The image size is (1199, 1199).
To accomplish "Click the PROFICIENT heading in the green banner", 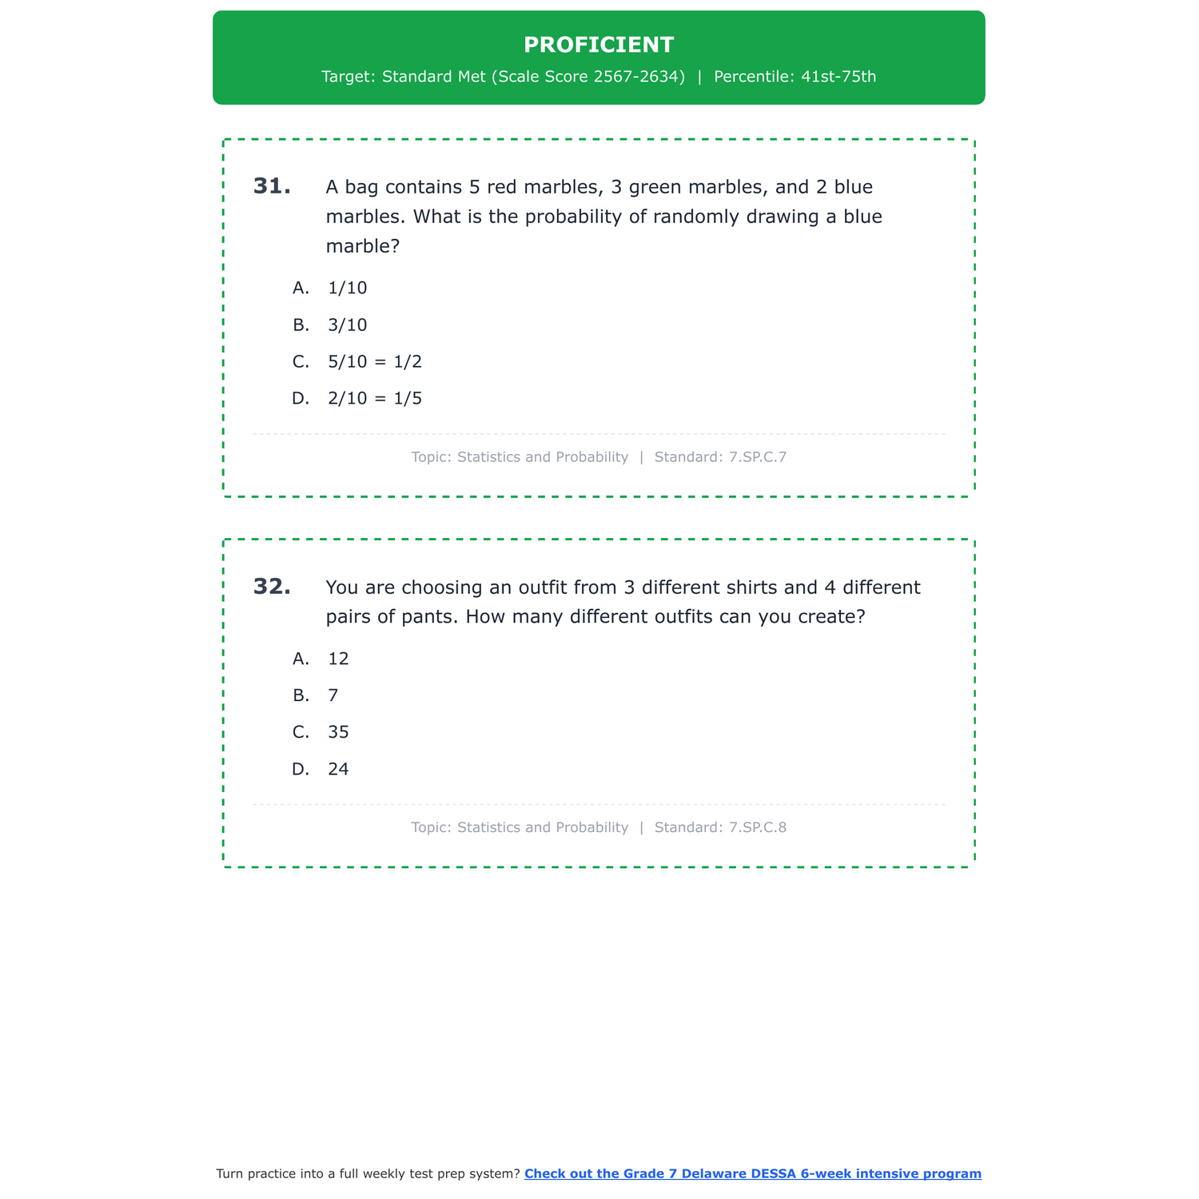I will coord(599,45).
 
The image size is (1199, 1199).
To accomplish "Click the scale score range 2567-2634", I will coord(639,77).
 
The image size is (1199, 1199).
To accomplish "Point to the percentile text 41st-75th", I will coord(839,77).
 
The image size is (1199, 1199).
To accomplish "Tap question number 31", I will coord(272,186).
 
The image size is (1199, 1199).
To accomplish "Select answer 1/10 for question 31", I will coord(347,288).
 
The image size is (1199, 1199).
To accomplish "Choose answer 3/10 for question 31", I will coord(347,325).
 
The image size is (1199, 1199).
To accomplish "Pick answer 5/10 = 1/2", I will coord(374,361).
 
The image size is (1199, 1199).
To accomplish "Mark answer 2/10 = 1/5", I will coord(374,398).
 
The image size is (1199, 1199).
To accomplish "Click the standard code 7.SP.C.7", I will coord(758,457).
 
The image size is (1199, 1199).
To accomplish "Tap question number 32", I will coord(272,587).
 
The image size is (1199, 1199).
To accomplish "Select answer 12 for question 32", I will coord(338,659).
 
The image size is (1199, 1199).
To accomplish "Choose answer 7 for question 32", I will coord(333,695).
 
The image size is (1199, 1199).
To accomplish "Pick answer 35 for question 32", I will coord(338,732).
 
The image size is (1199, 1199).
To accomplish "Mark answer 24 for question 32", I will coord(338,769).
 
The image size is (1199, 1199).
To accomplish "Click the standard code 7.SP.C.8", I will coord(758,827).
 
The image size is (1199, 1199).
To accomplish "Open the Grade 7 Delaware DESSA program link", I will coord(752,1173).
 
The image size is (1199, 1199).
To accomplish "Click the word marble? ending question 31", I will coord(362,246).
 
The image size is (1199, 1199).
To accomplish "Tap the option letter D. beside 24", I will coord(301,769).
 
